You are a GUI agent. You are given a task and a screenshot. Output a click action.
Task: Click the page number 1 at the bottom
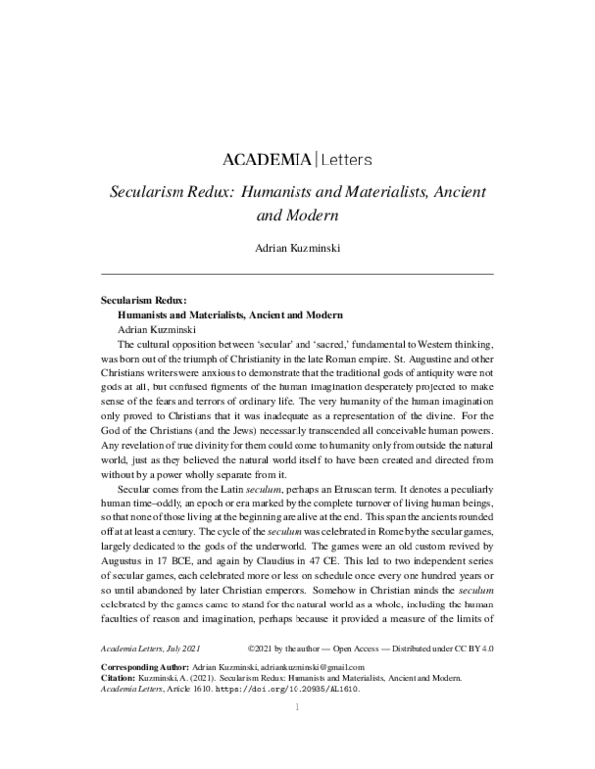click(x=297, y=736)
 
